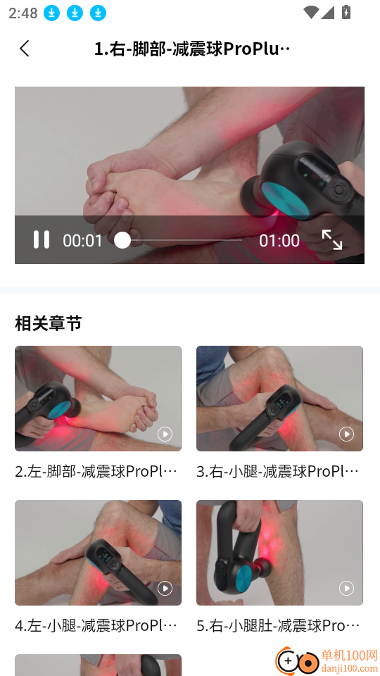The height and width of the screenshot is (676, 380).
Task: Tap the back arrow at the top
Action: pyautogui.click(x=25, y=49)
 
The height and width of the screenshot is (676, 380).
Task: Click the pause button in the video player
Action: pyautogui.click(x=42, y=239)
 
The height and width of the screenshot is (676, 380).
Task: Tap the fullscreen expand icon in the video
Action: pyautogui.click(x=331, y=239)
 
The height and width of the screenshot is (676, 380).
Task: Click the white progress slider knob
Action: pyautogui.click(x=122, y=240)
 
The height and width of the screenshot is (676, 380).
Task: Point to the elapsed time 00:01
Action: pyautogui.click(x=82, y=241)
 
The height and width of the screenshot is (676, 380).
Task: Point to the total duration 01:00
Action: pyautogui.click(x=279, y=241)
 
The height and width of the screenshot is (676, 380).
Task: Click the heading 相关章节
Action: pyautogui.click(x=49, y=323)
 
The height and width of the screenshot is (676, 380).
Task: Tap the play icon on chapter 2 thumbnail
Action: pyautogui.click(x=165, y=434)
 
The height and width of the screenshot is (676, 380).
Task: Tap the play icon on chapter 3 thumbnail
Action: pyautogui.click(x=346, y=434)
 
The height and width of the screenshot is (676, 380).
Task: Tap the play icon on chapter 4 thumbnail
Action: pyautogui.click(x=165, y=588)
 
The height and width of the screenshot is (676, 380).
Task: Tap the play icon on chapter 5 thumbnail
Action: pyautogui.click(x=346, y=588)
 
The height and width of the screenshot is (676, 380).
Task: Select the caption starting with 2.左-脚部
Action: pyautogui.click(x=96, y=471)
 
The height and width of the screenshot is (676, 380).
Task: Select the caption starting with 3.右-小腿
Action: pyautogui.click(x=278, y=471)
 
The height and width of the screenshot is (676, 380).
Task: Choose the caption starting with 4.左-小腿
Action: pyautogui.click(x=96, y=625)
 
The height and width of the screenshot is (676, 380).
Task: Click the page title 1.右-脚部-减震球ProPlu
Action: pyautogui.click(x=192, y=49)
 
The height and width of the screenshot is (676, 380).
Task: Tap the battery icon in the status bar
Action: pyautogui.click(x=346, y=12)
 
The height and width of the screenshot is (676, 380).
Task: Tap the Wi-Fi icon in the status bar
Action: pyautogui.click(x=310, y=12)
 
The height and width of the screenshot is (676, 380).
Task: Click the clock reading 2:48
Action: pyautogui.click(x=23, y=13)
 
